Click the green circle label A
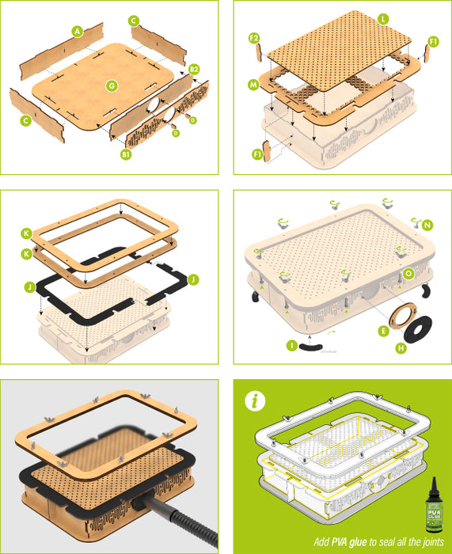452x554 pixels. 77,31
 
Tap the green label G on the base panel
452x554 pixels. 111,84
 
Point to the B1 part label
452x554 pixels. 125,154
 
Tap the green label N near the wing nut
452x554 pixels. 428,225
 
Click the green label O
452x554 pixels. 408,273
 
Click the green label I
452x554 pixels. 293,345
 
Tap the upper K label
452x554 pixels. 27,233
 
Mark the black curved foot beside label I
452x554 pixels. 310,347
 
